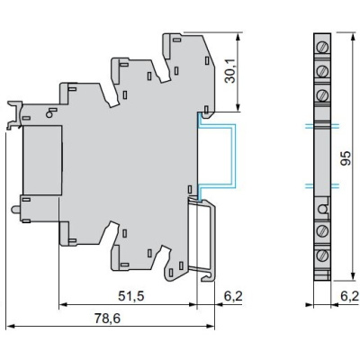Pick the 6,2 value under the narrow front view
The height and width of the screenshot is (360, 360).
(x=348, y=295)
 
